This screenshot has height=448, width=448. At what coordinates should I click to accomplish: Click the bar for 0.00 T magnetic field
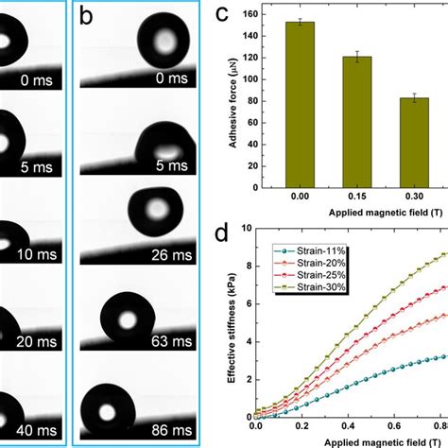point(300,103)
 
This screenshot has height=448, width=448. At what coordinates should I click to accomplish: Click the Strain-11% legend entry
point(300,250)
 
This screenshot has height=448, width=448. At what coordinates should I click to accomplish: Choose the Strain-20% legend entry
point(300,263)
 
